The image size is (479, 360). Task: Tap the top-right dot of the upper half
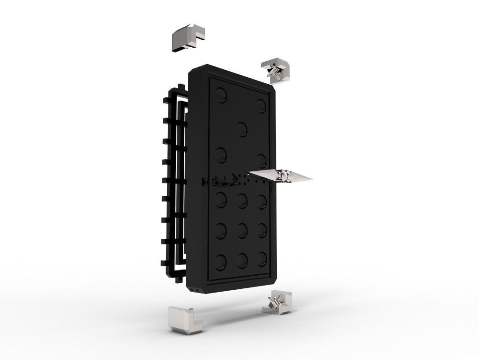pos(261,105)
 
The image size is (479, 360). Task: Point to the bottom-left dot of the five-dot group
pos(221,154)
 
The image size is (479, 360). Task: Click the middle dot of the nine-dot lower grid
pos(242,229)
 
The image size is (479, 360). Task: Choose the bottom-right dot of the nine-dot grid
pos(261,258)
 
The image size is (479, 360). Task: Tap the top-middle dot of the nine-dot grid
pos(242,200)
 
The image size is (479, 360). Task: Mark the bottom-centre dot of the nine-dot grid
pos(242,260)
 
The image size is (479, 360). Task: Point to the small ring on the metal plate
pos(283,176)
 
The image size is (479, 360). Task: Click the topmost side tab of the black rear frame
pos(181,87)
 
